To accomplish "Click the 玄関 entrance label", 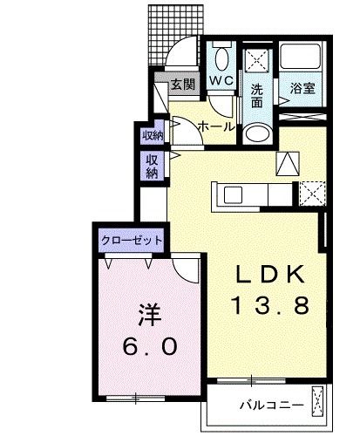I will pyautogui.click(x=182, y=85).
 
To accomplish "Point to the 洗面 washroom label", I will pyautogui.click(x=257, y=95).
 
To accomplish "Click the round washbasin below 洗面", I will pyautogui.click(x=257, y=133).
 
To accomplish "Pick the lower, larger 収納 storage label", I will pyautogui.click(x=152, y=165).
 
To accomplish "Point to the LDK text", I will pyautogui.click(x=269, y=277).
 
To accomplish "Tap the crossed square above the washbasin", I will pyautogui.click(x=257, y=62).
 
